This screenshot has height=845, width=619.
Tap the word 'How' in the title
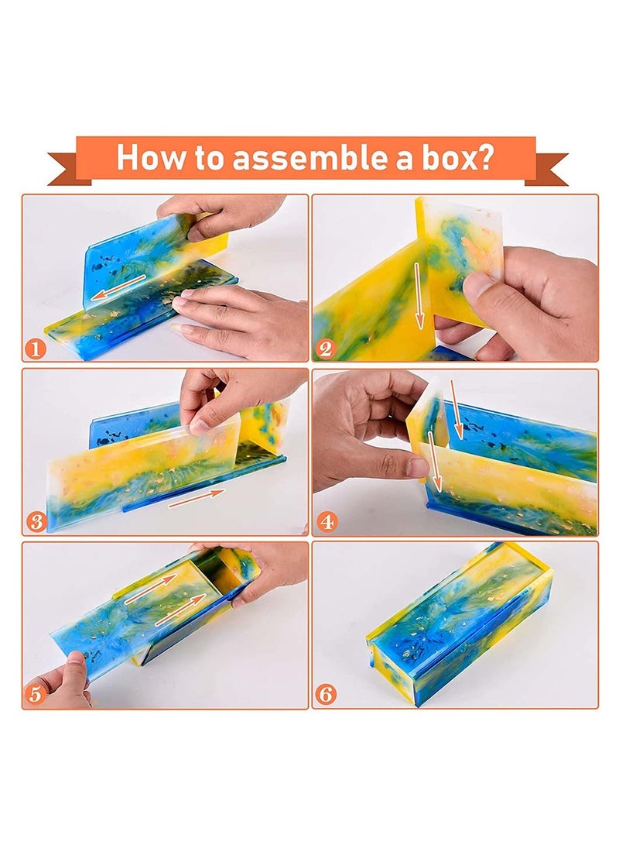point(146,157)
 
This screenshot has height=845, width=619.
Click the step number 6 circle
point(326,695)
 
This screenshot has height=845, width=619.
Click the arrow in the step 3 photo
point(197,498)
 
